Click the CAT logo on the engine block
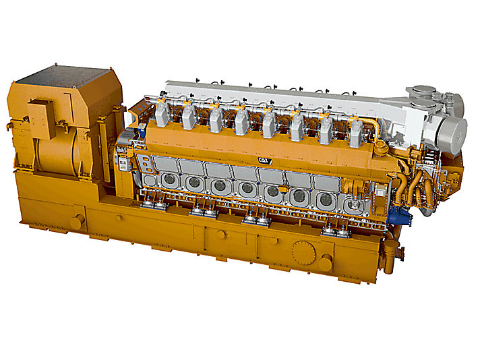[265, 161]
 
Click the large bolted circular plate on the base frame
[303, 253]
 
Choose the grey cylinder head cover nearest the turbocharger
[356, 134]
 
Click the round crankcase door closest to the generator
[169, 180]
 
